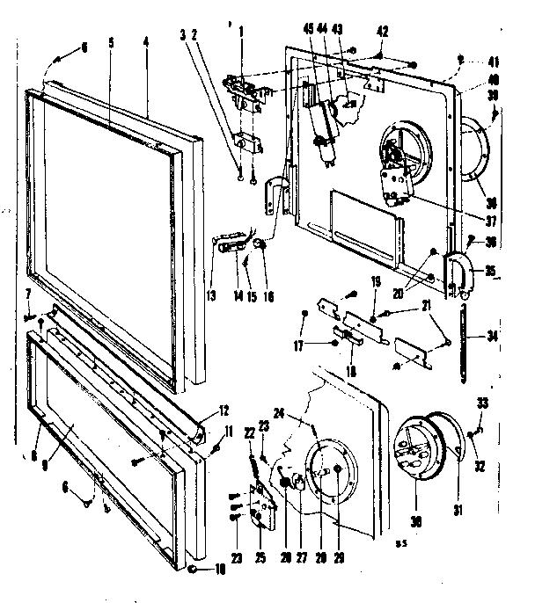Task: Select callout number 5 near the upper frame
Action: tap(111, 40)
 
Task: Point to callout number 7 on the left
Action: tap(27, 293)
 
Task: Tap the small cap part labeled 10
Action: tap(192, 570)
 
